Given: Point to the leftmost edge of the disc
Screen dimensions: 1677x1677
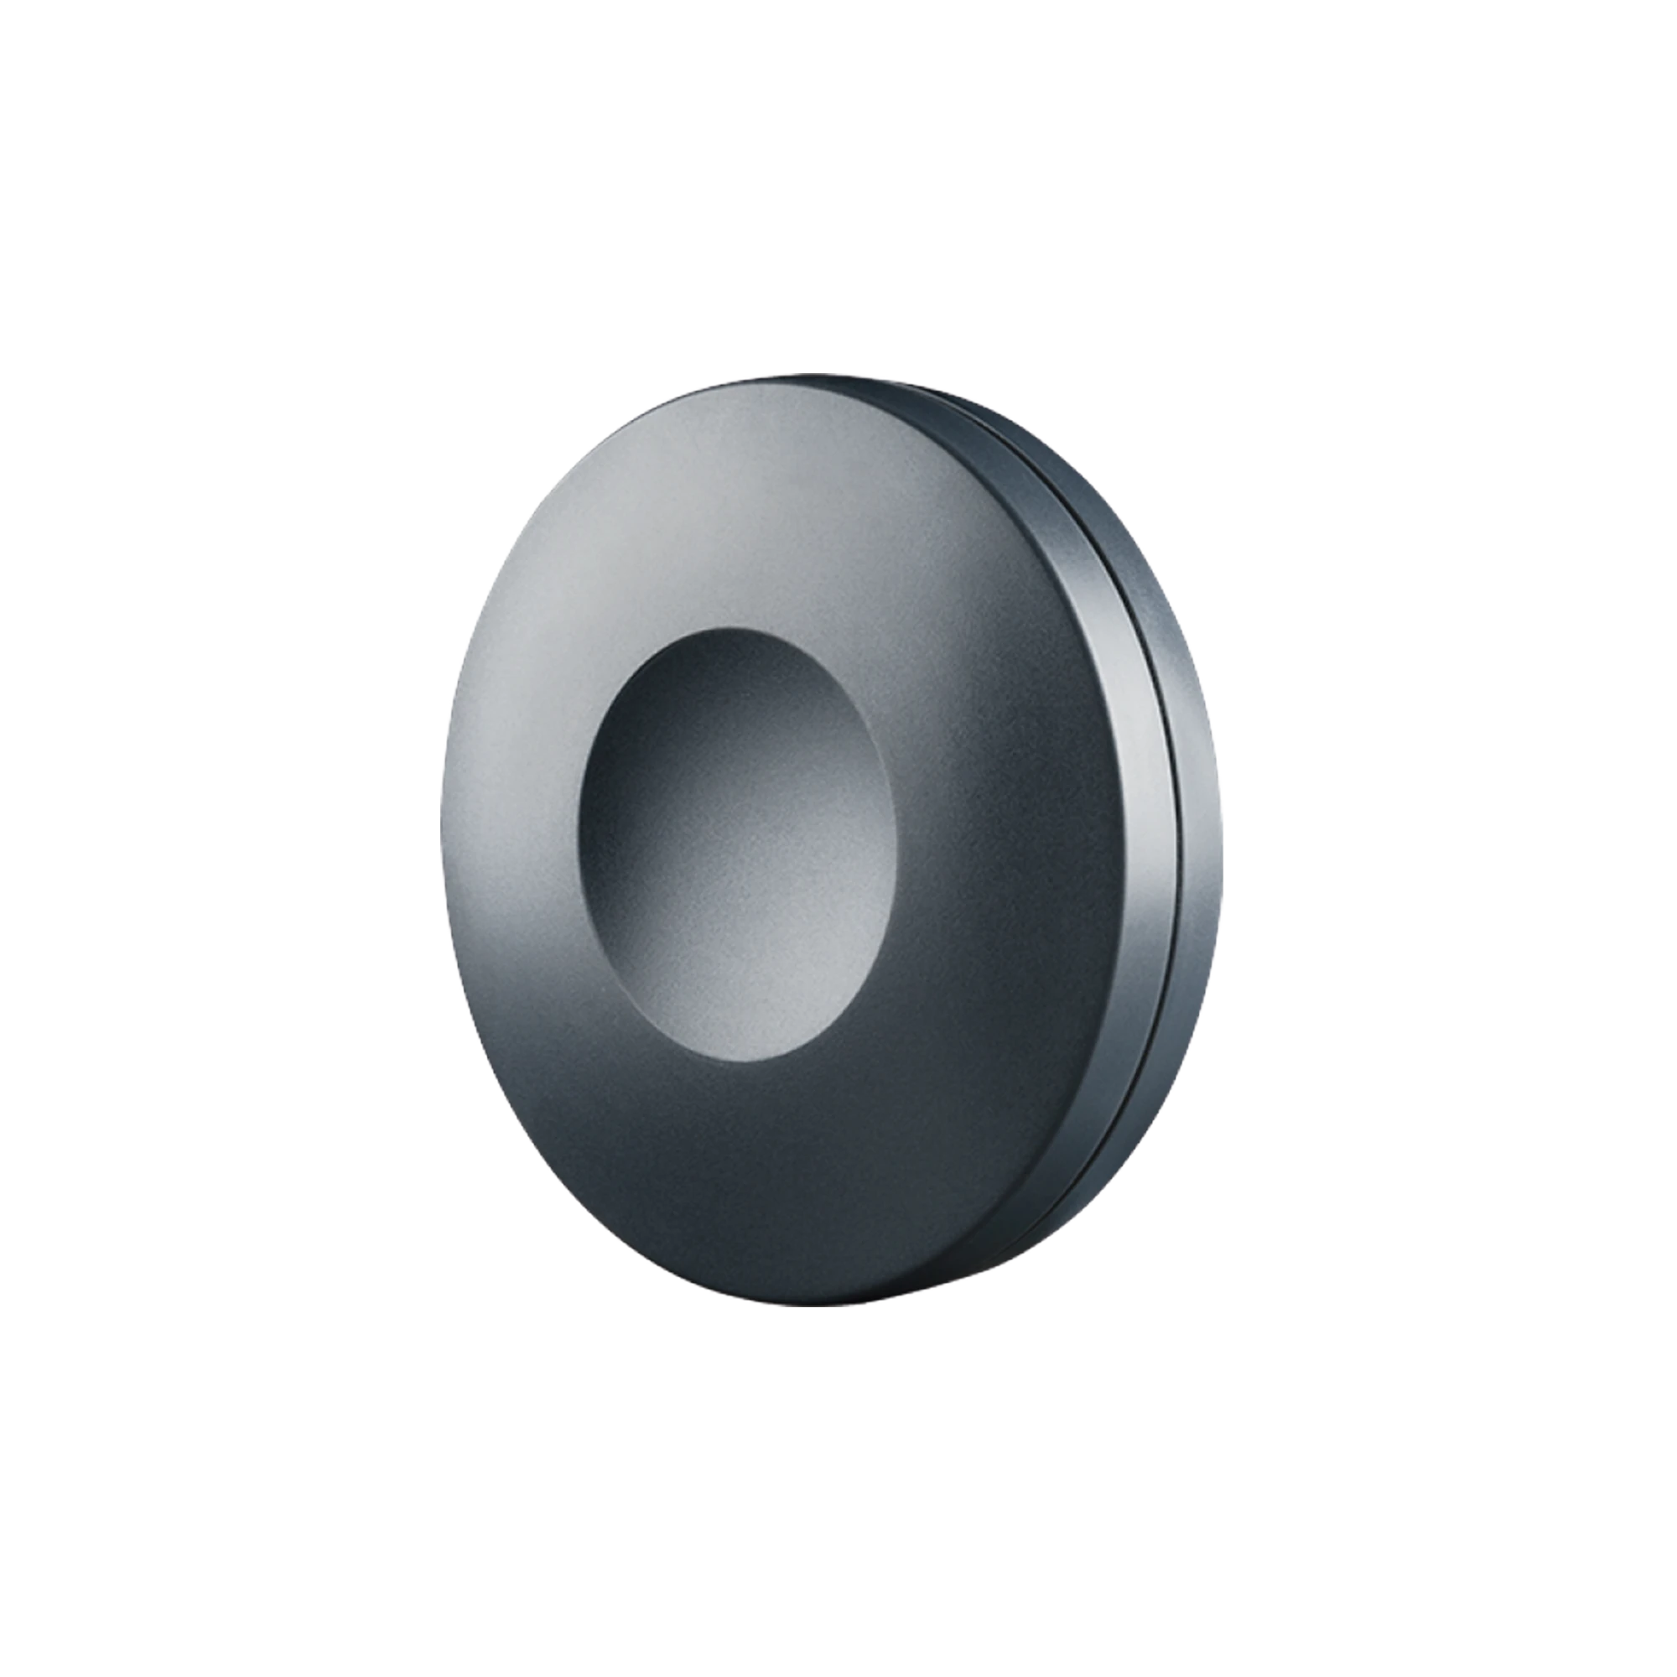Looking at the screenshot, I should pyautogui.click(x=438, y=842).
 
